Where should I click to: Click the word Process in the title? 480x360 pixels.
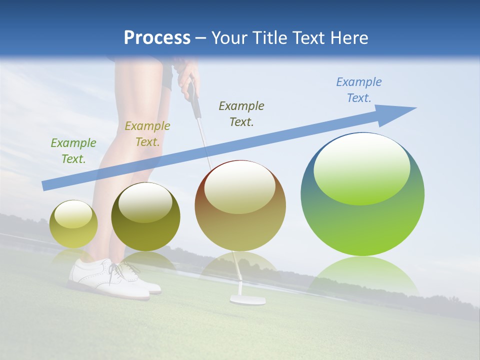coord(157,38)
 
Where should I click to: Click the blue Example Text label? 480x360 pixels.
coord(358,90)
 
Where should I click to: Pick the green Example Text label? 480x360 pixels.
coord(73,151)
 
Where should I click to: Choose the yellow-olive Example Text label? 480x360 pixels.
coord(147,134)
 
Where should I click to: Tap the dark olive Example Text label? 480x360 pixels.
coord(241,113)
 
